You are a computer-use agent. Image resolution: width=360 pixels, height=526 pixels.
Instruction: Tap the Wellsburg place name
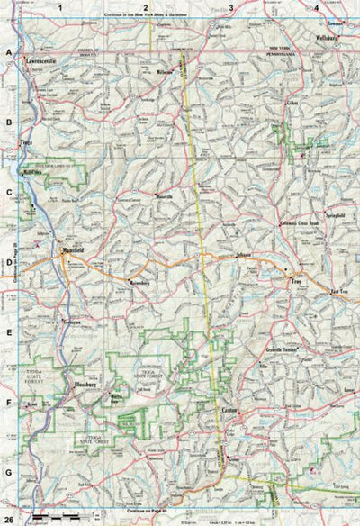[330, 40]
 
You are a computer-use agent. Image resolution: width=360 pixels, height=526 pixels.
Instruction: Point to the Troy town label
[293, 283]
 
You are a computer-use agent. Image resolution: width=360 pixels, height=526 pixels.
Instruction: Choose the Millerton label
[164, 69]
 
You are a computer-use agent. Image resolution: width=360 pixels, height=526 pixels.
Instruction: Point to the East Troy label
[338, 293]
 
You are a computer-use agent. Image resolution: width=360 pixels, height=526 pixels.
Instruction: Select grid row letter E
[9, 333]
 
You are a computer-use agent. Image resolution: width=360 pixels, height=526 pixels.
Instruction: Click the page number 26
[9, 514]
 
